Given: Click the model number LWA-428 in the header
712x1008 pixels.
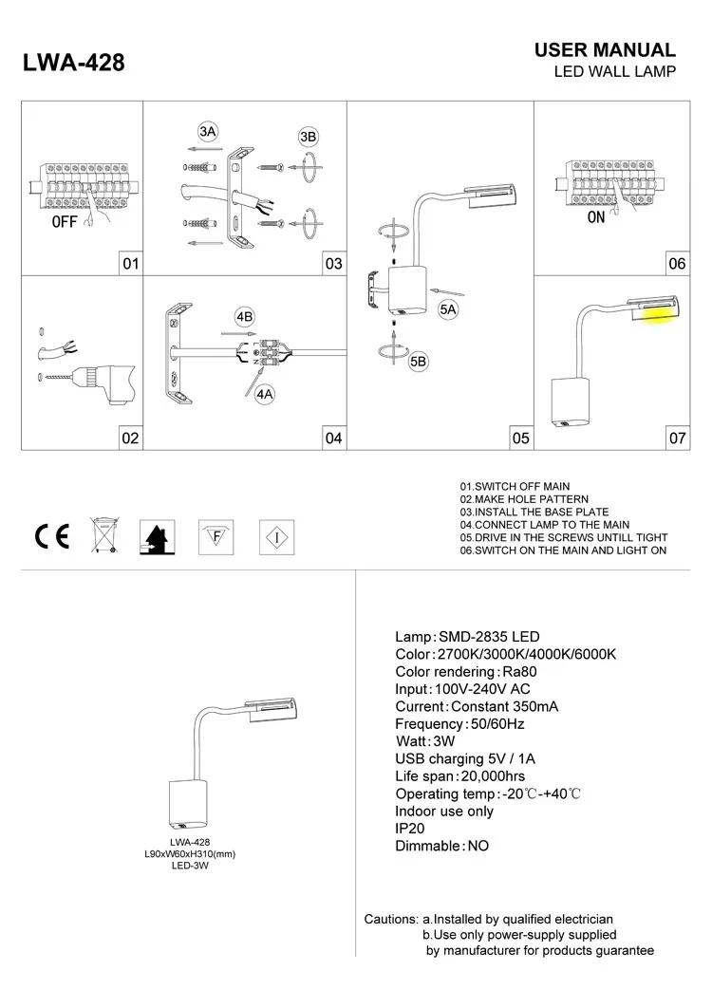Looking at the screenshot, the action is click(x=72, y=64).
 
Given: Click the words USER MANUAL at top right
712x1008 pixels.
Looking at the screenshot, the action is click(x=605, y=50).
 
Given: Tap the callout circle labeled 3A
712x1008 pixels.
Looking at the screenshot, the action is click(x=209, y=131).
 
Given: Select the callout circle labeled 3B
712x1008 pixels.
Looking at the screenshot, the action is click(x=308, y=137).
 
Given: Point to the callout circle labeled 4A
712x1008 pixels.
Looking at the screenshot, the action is click(x=265, y=393).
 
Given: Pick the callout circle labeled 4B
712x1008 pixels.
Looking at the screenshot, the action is click(x=244, y=316).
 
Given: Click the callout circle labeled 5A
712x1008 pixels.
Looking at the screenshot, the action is click(x=448, y=309).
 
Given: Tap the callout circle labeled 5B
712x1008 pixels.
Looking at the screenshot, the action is click(x=418, y=363).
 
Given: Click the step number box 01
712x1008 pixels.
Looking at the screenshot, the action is click(x=130, y=264).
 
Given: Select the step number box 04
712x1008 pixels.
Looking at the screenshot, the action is click(x=332, y=438).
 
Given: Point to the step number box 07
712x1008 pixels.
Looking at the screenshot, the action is click(x=677, y=438).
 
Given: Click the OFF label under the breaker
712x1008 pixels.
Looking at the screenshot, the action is click(x=64, y=224).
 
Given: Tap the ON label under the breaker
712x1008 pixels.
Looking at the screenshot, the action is click(x=596, y=216).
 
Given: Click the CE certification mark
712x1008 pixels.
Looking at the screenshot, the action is click(x=51, y=537).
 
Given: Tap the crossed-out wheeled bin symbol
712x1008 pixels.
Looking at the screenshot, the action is click(x=103, y=536).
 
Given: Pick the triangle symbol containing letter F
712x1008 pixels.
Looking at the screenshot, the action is click(x=215, y=537).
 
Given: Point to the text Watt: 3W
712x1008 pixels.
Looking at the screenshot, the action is click(x=425, y=740).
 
